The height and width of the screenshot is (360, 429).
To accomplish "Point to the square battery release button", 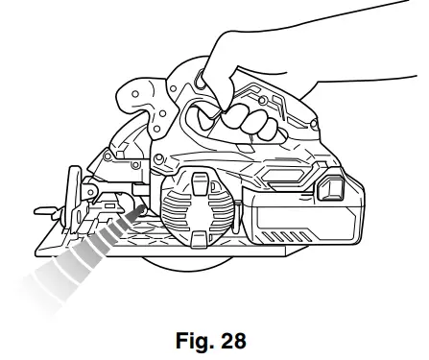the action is pyautogui.click(x=336, y=185).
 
